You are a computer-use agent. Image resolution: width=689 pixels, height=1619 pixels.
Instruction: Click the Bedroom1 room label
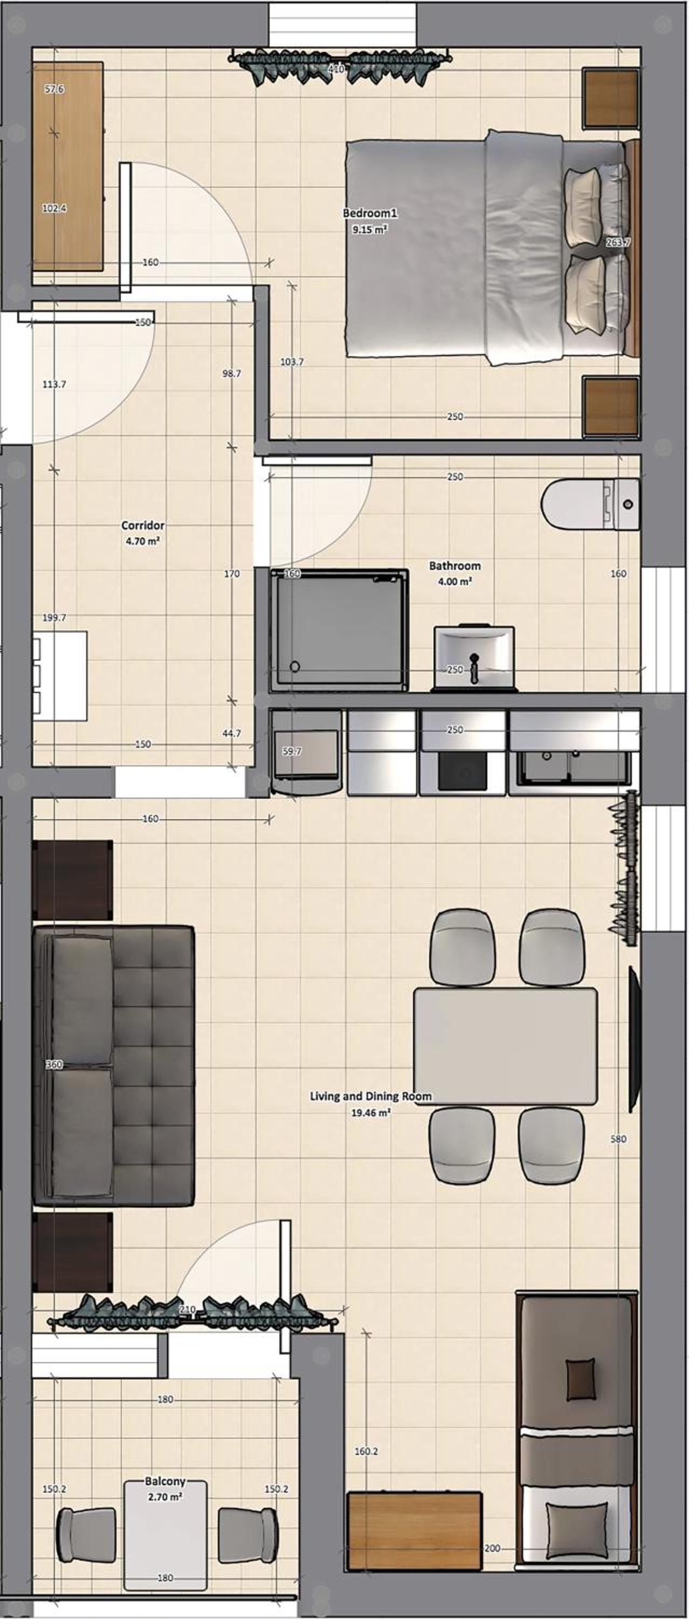point(370,213)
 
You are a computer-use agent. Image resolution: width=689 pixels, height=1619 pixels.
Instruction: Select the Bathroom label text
point(454,566)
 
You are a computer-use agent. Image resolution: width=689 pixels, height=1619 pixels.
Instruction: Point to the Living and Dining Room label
point(370,1096)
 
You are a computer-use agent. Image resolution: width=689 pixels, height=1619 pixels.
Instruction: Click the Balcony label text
point(165,1481)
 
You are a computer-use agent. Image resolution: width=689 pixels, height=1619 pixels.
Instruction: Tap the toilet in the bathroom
point(590,504)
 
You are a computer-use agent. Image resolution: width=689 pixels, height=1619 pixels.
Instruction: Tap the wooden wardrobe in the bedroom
point(68,167)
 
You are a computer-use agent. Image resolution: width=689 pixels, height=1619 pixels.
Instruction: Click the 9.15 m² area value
point(370,229)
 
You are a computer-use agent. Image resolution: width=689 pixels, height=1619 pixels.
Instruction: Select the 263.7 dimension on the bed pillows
point(618,242)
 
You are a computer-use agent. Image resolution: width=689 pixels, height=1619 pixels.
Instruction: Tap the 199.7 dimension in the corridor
point(54,618)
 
